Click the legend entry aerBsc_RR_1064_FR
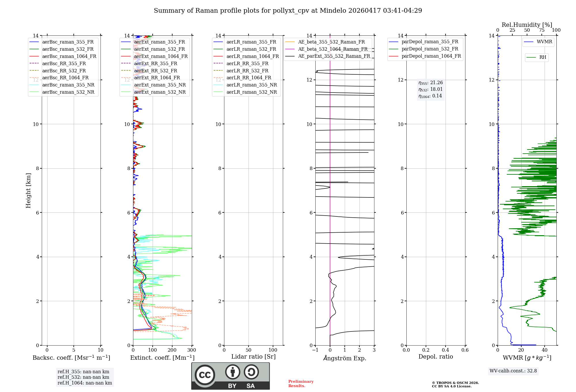coord(65,78)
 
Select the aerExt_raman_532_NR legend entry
coord(160,92)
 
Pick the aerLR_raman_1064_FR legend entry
coord(253,56)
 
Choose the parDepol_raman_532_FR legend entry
coord(430,49)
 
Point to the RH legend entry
coord(543,57)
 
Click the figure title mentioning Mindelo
coord(288,11)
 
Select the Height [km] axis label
coord(28,191)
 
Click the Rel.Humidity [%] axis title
coord(527,25)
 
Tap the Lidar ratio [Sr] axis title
coord(253,357)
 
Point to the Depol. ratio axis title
coord(435,357)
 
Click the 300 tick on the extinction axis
coord(192,350)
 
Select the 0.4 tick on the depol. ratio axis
coord(445,350)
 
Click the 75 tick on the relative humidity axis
coord(542,30)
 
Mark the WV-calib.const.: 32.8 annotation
coord(513,371)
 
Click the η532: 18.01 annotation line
coord(431,89)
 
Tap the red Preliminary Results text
coord(301,384)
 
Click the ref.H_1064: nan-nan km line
coord(85,383)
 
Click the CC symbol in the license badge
coord(205,375)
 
